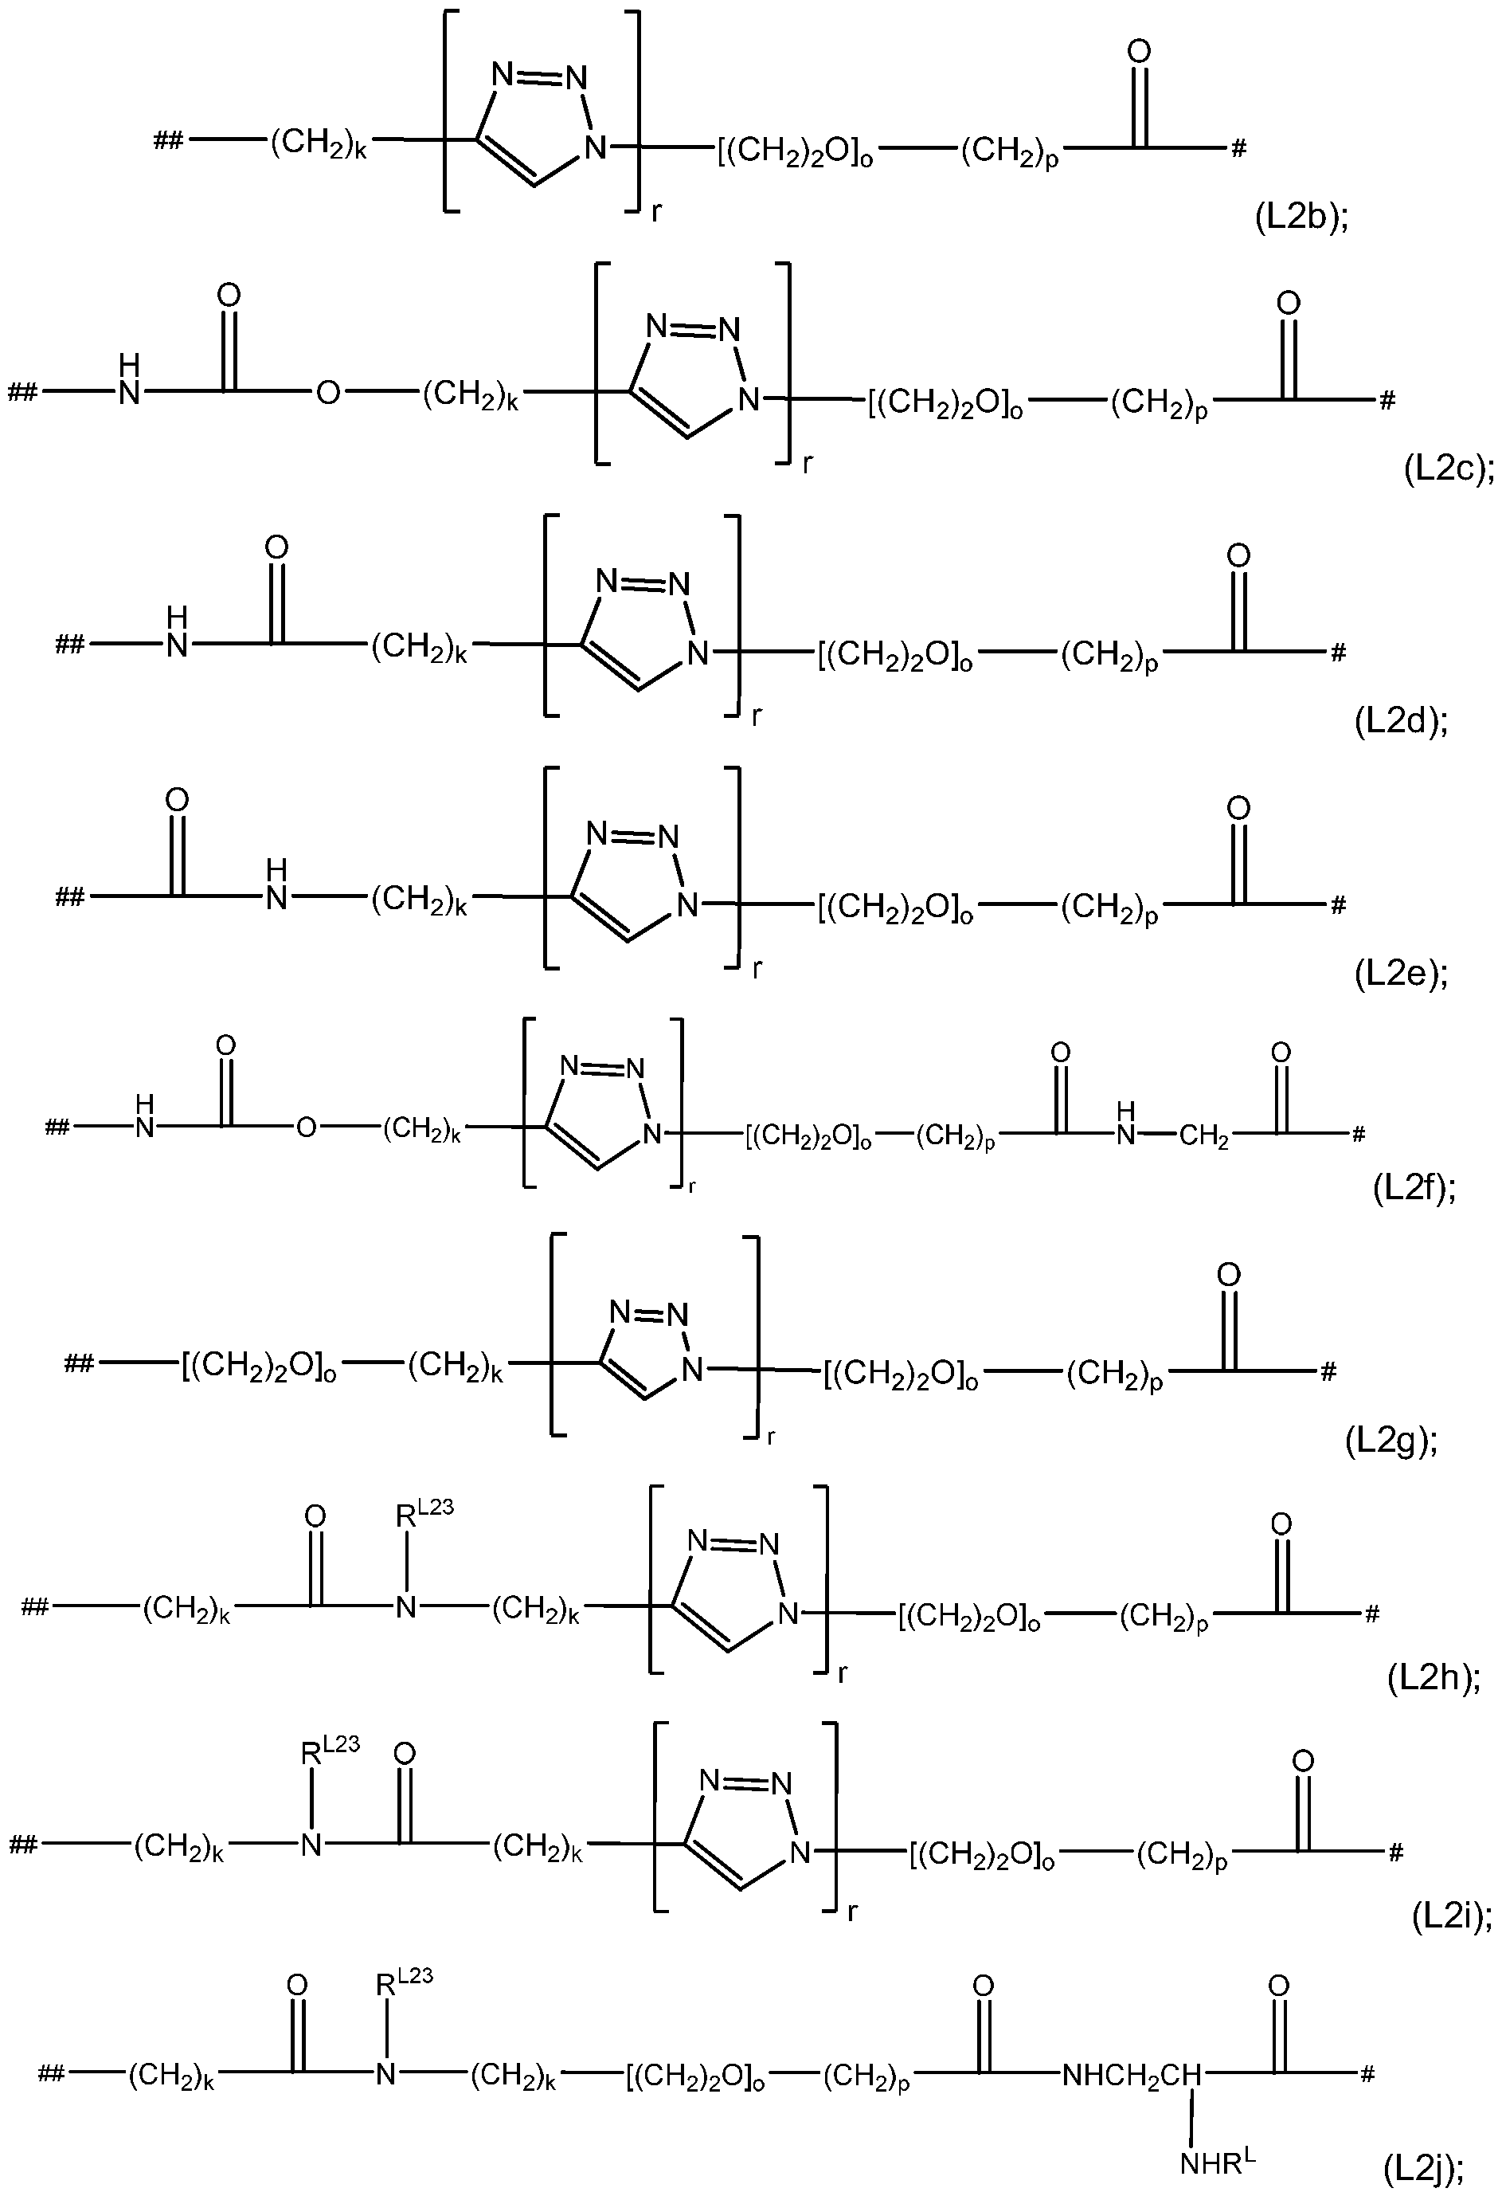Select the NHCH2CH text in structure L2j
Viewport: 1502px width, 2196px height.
click(x=1132, y=2075)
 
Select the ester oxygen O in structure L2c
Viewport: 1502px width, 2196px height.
click(x=327, y=392)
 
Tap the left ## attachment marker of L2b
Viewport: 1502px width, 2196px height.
click(x=169, y=143)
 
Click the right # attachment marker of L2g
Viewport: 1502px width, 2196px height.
click(x=1328, y=1372)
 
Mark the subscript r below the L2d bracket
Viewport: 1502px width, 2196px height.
click(x=757, y=717)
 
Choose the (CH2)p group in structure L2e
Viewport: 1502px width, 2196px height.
click(x=1109, y=909)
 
